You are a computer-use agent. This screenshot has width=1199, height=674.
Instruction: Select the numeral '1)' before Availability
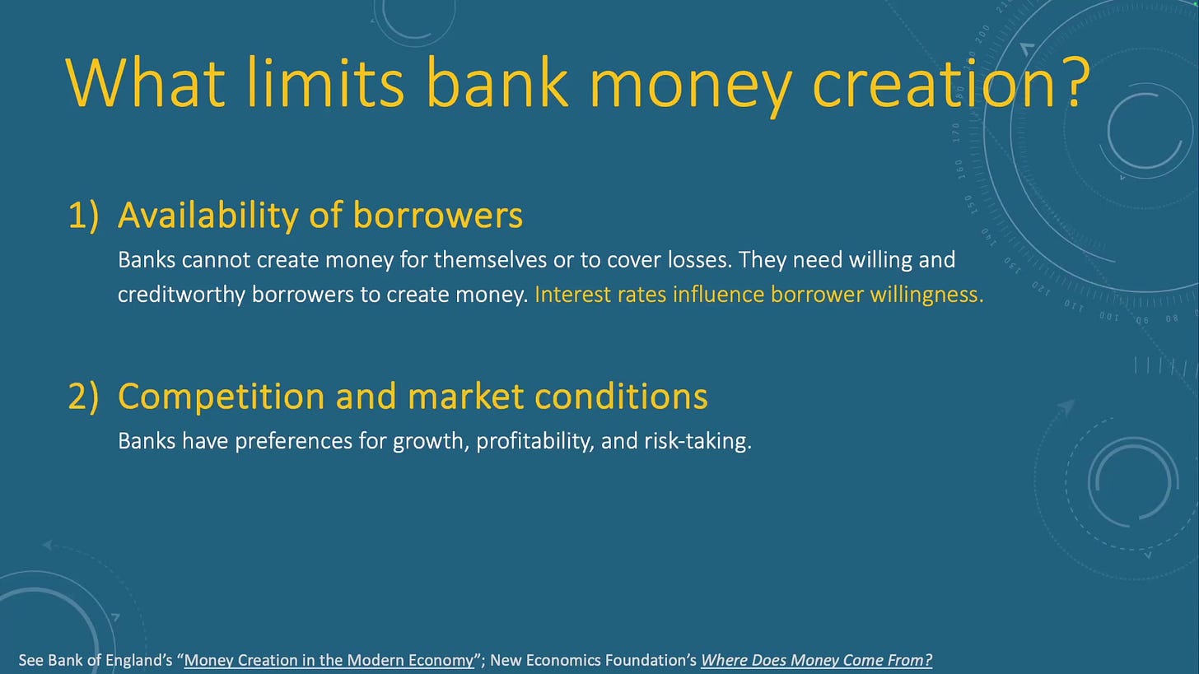pos(84,216)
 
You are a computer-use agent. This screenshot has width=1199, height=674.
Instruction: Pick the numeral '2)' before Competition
pos(84,397)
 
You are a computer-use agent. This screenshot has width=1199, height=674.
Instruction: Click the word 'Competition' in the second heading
pos(221,397)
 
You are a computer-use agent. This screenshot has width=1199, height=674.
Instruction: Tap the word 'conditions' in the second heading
pos(621,396)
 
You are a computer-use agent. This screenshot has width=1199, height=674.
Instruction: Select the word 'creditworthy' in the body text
pos(181,295)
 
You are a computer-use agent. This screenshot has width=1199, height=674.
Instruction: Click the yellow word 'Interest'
pos(573,295)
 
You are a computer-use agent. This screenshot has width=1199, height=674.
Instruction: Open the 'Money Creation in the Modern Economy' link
pos(329,660)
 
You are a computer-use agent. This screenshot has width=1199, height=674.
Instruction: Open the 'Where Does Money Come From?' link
pos(816,660)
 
